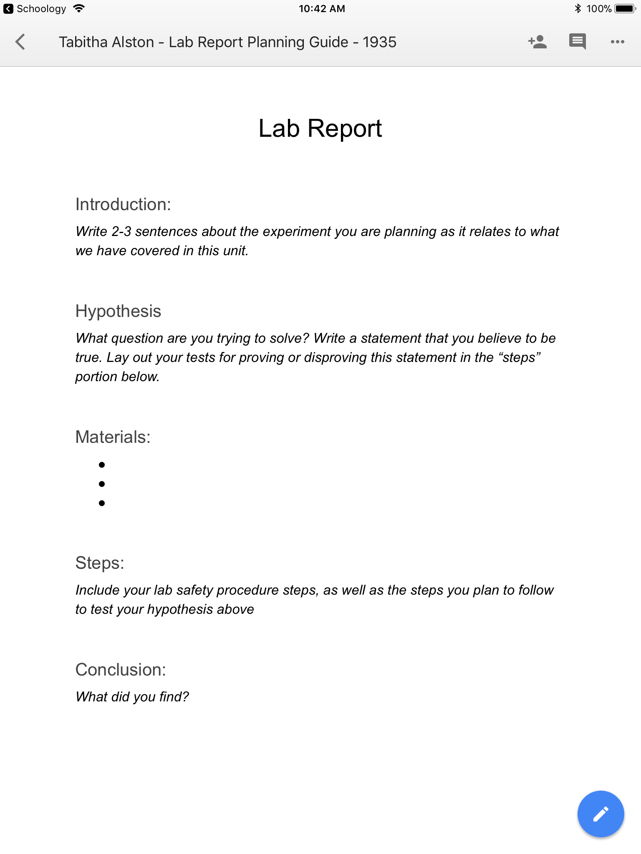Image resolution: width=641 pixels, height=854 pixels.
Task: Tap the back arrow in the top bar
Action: coord(20,42)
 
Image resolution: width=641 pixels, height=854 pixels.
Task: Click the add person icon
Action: coord(538,42)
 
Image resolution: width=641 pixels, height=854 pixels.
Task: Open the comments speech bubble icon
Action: coord(577,42)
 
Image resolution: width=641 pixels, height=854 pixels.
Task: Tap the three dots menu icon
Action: coord(617,42)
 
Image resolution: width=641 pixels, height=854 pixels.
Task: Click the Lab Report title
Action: coord(320,128)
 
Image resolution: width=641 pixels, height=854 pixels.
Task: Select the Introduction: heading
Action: coord(123,205)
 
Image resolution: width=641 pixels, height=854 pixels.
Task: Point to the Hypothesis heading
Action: coord(118,311)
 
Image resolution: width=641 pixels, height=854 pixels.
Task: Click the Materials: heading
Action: coord(113,437)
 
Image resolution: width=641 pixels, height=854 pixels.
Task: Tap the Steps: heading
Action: coord(100,563)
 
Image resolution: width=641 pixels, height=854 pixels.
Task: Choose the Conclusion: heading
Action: coord(121,670)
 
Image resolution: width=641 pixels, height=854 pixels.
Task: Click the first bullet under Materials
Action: coord(102,465)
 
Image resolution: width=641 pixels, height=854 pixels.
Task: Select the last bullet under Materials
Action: coord(102,503)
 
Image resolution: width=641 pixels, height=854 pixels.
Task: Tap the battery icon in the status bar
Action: coord(625,9)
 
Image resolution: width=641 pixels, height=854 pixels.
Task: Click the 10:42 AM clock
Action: coord(322,9)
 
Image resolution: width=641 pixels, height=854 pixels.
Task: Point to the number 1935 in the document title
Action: coord(379,42)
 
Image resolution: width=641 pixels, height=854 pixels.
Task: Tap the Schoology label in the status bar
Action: coord(41,9)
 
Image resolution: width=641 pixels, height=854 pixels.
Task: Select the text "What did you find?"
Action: coord(132,697)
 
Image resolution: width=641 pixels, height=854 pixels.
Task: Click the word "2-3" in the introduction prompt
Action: coord(121,231)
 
